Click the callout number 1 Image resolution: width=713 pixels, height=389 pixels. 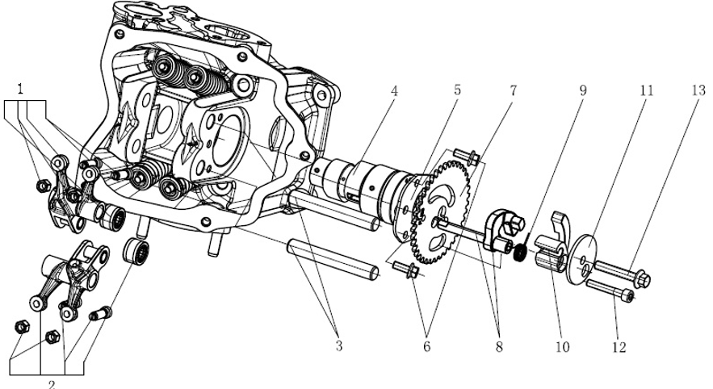tap(19, 84)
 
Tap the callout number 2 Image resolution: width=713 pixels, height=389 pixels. tap(51, 383)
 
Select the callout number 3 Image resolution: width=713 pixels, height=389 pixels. tap(338, 346)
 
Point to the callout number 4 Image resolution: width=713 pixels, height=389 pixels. tap(394, 91)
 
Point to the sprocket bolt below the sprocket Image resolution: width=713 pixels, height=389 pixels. tap(407, 273)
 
